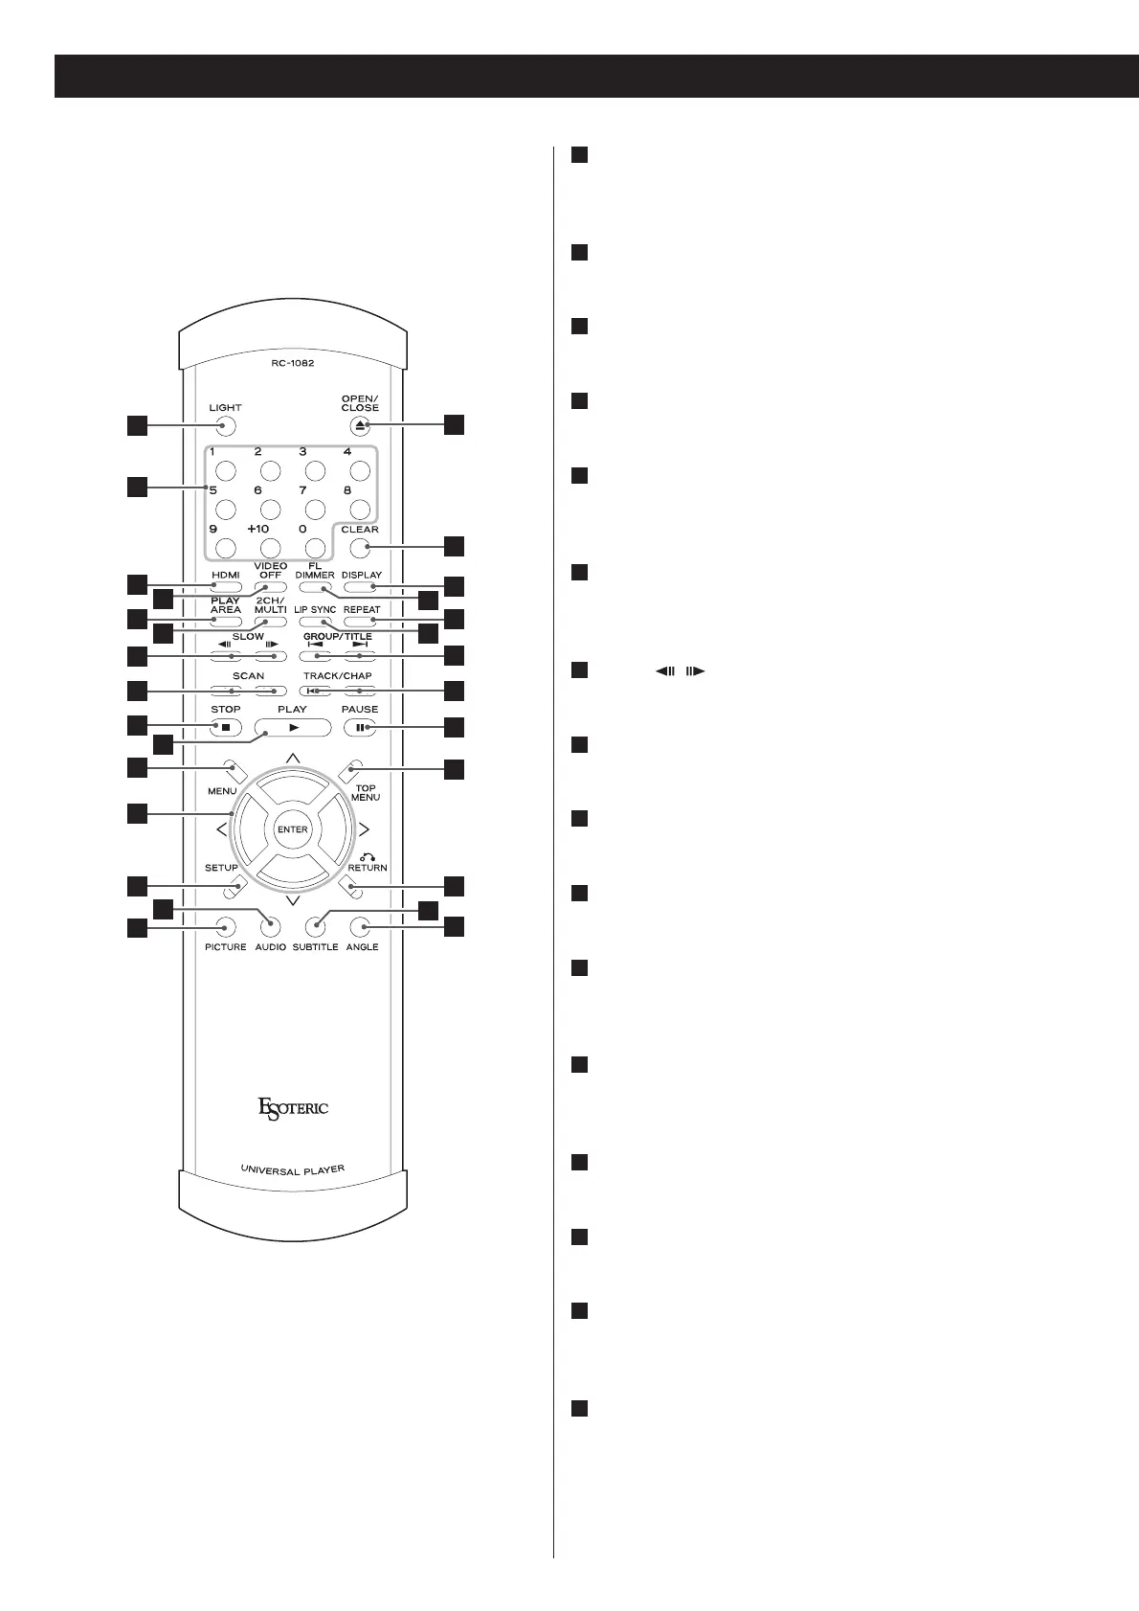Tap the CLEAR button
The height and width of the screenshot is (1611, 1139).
click(360, 548)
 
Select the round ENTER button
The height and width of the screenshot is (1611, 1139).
click(293, 829)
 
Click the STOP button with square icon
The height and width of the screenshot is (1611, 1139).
click(225, 728)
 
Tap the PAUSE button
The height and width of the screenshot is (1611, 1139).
click(360, 728)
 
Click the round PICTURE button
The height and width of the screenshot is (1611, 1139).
click(225, 926)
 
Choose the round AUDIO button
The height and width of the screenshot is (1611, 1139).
click(271, 926)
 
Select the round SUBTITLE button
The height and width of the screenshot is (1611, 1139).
click(316, 926)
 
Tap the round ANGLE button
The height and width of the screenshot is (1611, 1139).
click(361, 926)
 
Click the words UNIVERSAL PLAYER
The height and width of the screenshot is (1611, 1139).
click(293, 1169)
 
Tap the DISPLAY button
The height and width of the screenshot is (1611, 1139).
click(361, 587)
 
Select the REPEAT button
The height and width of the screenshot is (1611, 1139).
click(361, 622)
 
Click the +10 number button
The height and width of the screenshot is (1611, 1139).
click(271, 548)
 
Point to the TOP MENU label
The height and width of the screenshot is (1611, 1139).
click(366, 793)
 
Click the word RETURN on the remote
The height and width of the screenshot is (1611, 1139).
click(367, 868)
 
